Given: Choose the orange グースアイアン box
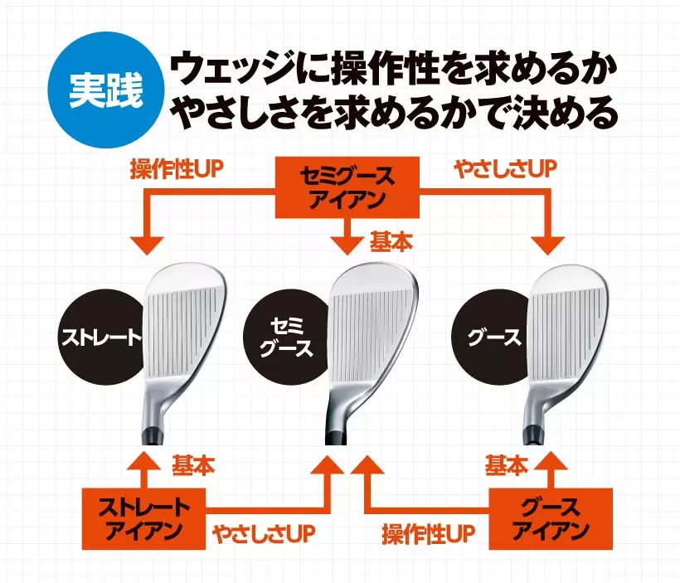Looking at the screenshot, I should pos(550,519).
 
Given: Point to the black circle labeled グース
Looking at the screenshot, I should pos(494,336).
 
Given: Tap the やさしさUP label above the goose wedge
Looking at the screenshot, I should pos(503,169).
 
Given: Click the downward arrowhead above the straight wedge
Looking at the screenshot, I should pos(147,244).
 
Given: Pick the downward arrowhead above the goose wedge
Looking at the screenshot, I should pos(550,244).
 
